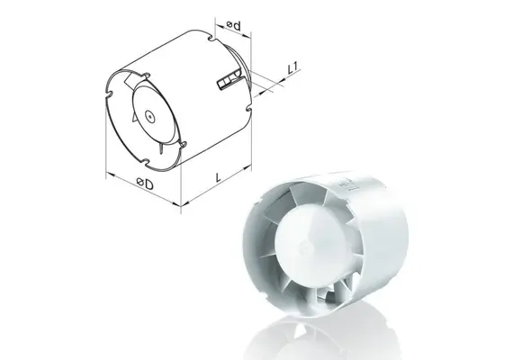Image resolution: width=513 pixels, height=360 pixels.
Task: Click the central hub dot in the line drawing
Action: (147, 116)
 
